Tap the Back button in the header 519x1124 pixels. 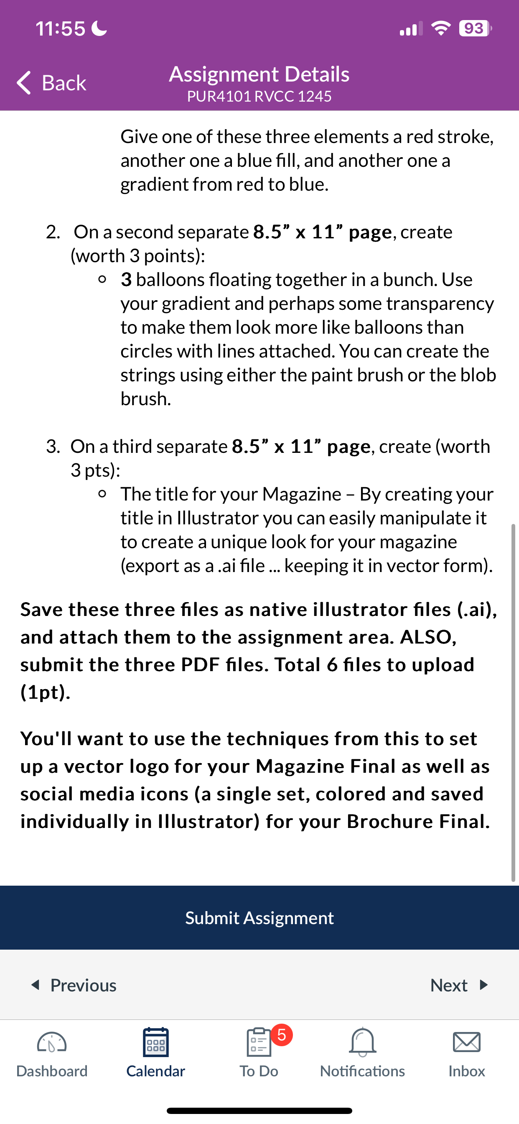[x=51, y=82]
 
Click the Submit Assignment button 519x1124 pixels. [x=259, y=918]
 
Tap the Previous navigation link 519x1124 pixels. [x=74, y=985]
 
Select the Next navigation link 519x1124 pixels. [x=458, y=985]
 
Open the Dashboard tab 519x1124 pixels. [x=52, y=1052]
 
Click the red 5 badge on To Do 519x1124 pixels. [x=282, y=1035]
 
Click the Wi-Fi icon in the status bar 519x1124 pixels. [x=441, y=29]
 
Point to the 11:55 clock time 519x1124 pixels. [x=60, y=29]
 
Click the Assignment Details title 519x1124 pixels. [x=259, y=74]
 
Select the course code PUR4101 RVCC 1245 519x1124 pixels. [x=259, y=97]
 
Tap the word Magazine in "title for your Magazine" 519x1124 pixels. [x=302, y=494]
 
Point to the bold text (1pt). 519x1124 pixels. [x=46, y=692]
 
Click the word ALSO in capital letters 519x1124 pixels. [x=428, y=637]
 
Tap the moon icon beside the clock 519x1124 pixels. [x=99, y=29]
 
